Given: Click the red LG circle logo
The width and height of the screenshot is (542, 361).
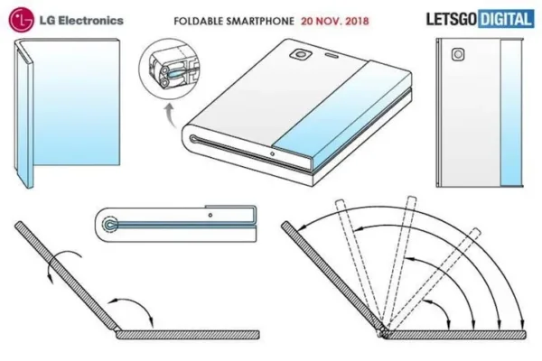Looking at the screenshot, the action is pos(21,20).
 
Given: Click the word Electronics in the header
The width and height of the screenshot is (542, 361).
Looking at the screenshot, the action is pos(90,21).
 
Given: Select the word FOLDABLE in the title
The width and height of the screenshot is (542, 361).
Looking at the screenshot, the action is pos(198,21).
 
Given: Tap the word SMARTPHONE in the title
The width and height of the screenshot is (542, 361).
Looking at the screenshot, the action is pos(260,21).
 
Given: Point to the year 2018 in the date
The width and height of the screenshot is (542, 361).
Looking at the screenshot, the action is pos(357,21).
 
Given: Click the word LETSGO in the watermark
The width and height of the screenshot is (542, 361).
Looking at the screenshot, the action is pos(452,19).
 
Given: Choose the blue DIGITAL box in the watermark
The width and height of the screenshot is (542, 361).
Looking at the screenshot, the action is pos(505,19).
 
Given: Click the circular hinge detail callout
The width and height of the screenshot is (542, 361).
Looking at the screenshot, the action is pos(169,69).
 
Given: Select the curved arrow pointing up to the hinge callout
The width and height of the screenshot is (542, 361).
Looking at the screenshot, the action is pos(171,115).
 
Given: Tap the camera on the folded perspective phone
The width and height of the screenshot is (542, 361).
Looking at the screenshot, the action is pos(301,54).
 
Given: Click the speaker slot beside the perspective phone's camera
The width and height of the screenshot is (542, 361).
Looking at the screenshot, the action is pos(332,54).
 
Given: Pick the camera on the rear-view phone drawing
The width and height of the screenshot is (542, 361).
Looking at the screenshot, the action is pos(458,54).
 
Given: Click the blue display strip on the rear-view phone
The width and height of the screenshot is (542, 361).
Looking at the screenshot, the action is pos(510,113).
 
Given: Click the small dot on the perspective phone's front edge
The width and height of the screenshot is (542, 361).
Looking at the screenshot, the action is pos(273,153).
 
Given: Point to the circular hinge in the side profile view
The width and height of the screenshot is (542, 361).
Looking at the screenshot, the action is pos(110,225).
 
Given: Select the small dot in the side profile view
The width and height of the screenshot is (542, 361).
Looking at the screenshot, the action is pos(210,215).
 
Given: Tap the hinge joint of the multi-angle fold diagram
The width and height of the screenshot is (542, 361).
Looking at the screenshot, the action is pos(383,330).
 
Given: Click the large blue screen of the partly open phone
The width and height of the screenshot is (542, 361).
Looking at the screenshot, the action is pos(76,103).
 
